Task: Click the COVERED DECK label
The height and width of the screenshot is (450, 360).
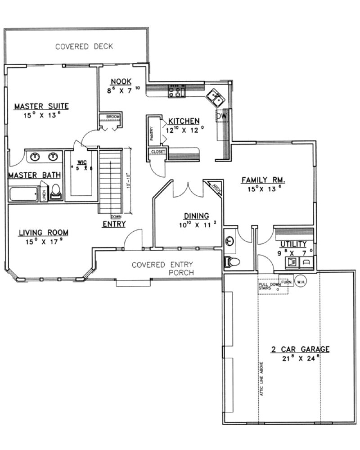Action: pos(84,46)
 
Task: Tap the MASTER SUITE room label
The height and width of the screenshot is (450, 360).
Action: pos(41,107)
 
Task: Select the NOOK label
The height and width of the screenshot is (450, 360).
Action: pos(121,81)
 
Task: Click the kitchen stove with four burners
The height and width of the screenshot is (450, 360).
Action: pos(176,91)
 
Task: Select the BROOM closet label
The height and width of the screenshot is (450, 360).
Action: pos(113,117)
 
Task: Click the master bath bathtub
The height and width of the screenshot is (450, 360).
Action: pos(23,194)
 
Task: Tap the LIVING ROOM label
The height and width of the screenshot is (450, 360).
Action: pos(43,233)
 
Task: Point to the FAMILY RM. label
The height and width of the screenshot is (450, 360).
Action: pos(264,180)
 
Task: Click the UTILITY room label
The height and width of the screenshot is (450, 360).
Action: pos(293,244)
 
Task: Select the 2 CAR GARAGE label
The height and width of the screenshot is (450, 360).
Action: pos(300,349)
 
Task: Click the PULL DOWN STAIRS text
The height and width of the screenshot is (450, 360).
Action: pos(268,287)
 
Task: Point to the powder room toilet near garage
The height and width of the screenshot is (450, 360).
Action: pos(230,261)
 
